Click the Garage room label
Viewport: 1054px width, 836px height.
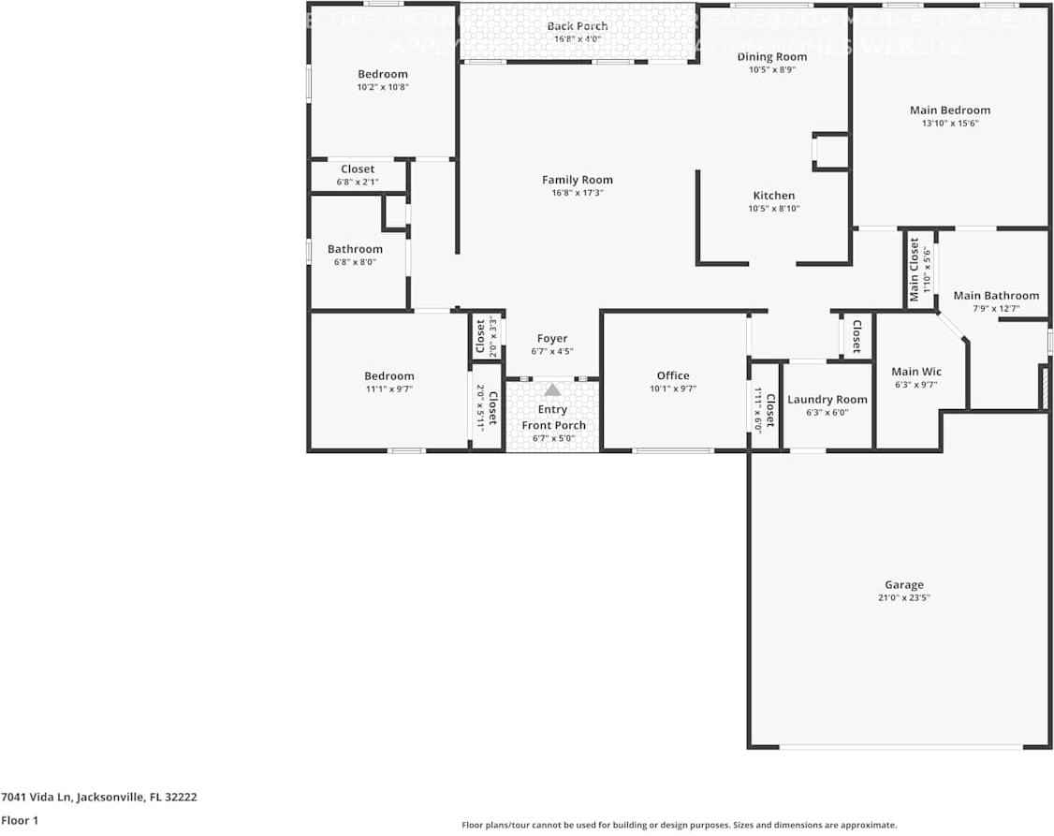tap(904, 584)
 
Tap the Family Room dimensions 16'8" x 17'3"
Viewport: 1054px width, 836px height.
tap(578, 193)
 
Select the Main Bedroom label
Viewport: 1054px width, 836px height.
tap(949, 110)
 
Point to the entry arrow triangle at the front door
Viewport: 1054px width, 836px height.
tap(552, 389)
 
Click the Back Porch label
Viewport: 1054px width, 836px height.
tap(577, 26)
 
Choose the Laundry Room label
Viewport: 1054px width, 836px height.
tap(827, 399)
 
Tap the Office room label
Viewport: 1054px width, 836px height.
tap(672, 375)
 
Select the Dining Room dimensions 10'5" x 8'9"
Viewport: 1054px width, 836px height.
tap(771, 69)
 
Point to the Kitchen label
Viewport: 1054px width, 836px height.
tap(773, 196)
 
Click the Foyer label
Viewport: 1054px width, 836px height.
tap(551, 339)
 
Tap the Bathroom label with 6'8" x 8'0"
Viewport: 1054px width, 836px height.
tap(355, 249)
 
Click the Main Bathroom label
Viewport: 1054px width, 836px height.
tap(995, 295)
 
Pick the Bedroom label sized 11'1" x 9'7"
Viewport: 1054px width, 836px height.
tap(388, 375)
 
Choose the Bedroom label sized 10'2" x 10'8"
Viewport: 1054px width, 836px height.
tap(383, 74)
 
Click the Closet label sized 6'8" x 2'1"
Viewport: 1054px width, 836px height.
tap(358, 169)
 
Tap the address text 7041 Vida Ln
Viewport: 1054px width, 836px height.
tap(98, 798)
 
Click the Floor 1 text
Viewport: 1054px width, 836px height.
tap(20, 820)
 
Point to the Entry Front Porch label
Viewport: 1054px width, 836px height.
tap(552, 418)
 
